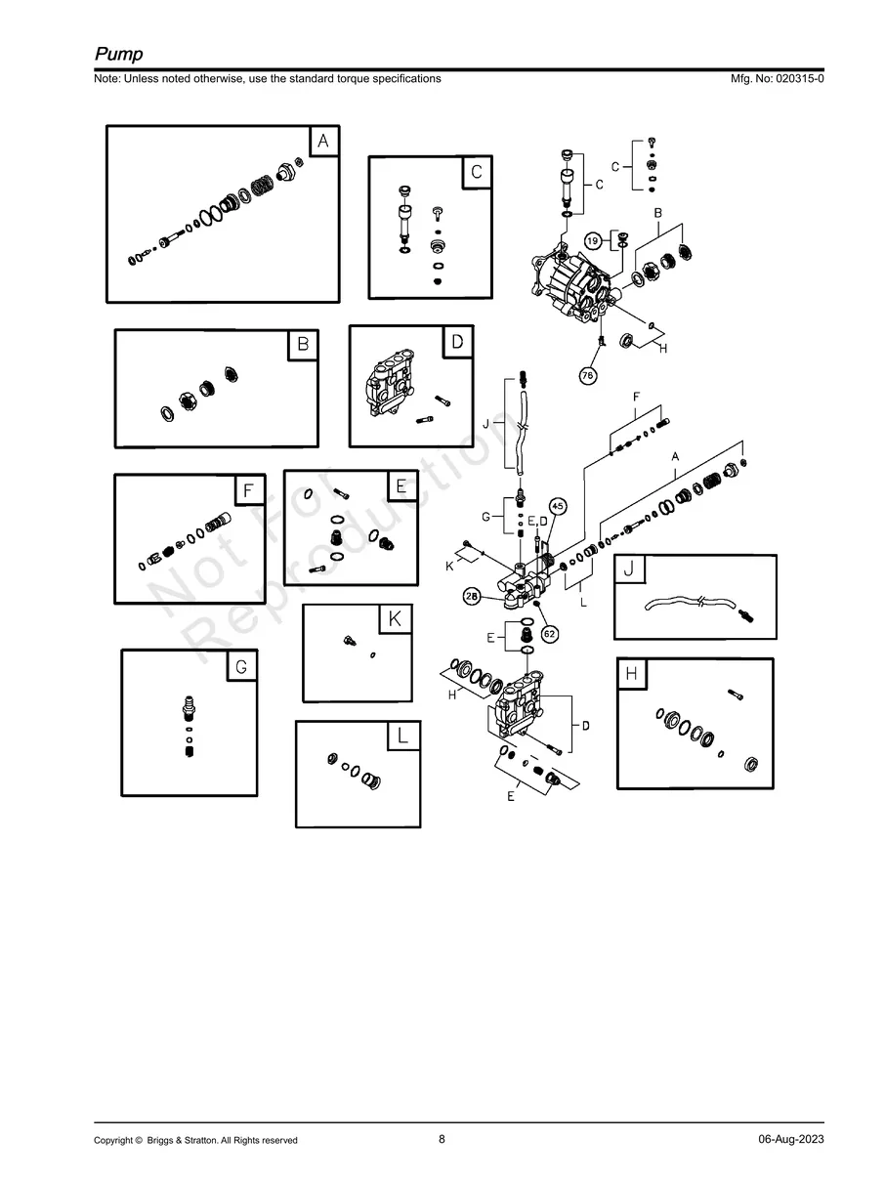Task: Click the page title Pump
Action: [x=118, y=55]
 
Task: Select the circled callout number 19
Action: [x=593, y=240]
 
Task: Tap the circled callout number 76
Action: [x=588, y=374]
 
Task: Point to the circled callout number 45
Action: [x=557, y=506]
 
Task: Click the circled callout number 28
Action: [x=472, y=598]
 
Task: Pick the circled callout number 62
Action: [x=550, y=633]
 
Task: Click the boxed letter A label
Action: [x=323, y=142]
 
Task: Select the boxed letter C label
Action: [x=476, y=172]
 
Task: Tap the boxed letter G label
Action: [x=241, y=666]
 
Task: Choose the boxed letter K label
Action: [x=395, y=619]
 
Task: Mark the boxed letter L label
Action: [x=402, y=736]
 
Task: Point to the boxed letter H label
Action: [x=632, y=674]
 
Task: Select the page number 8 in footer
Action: [x=442, y=1139]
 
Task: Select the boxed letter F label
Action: [x=249, y=489]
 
